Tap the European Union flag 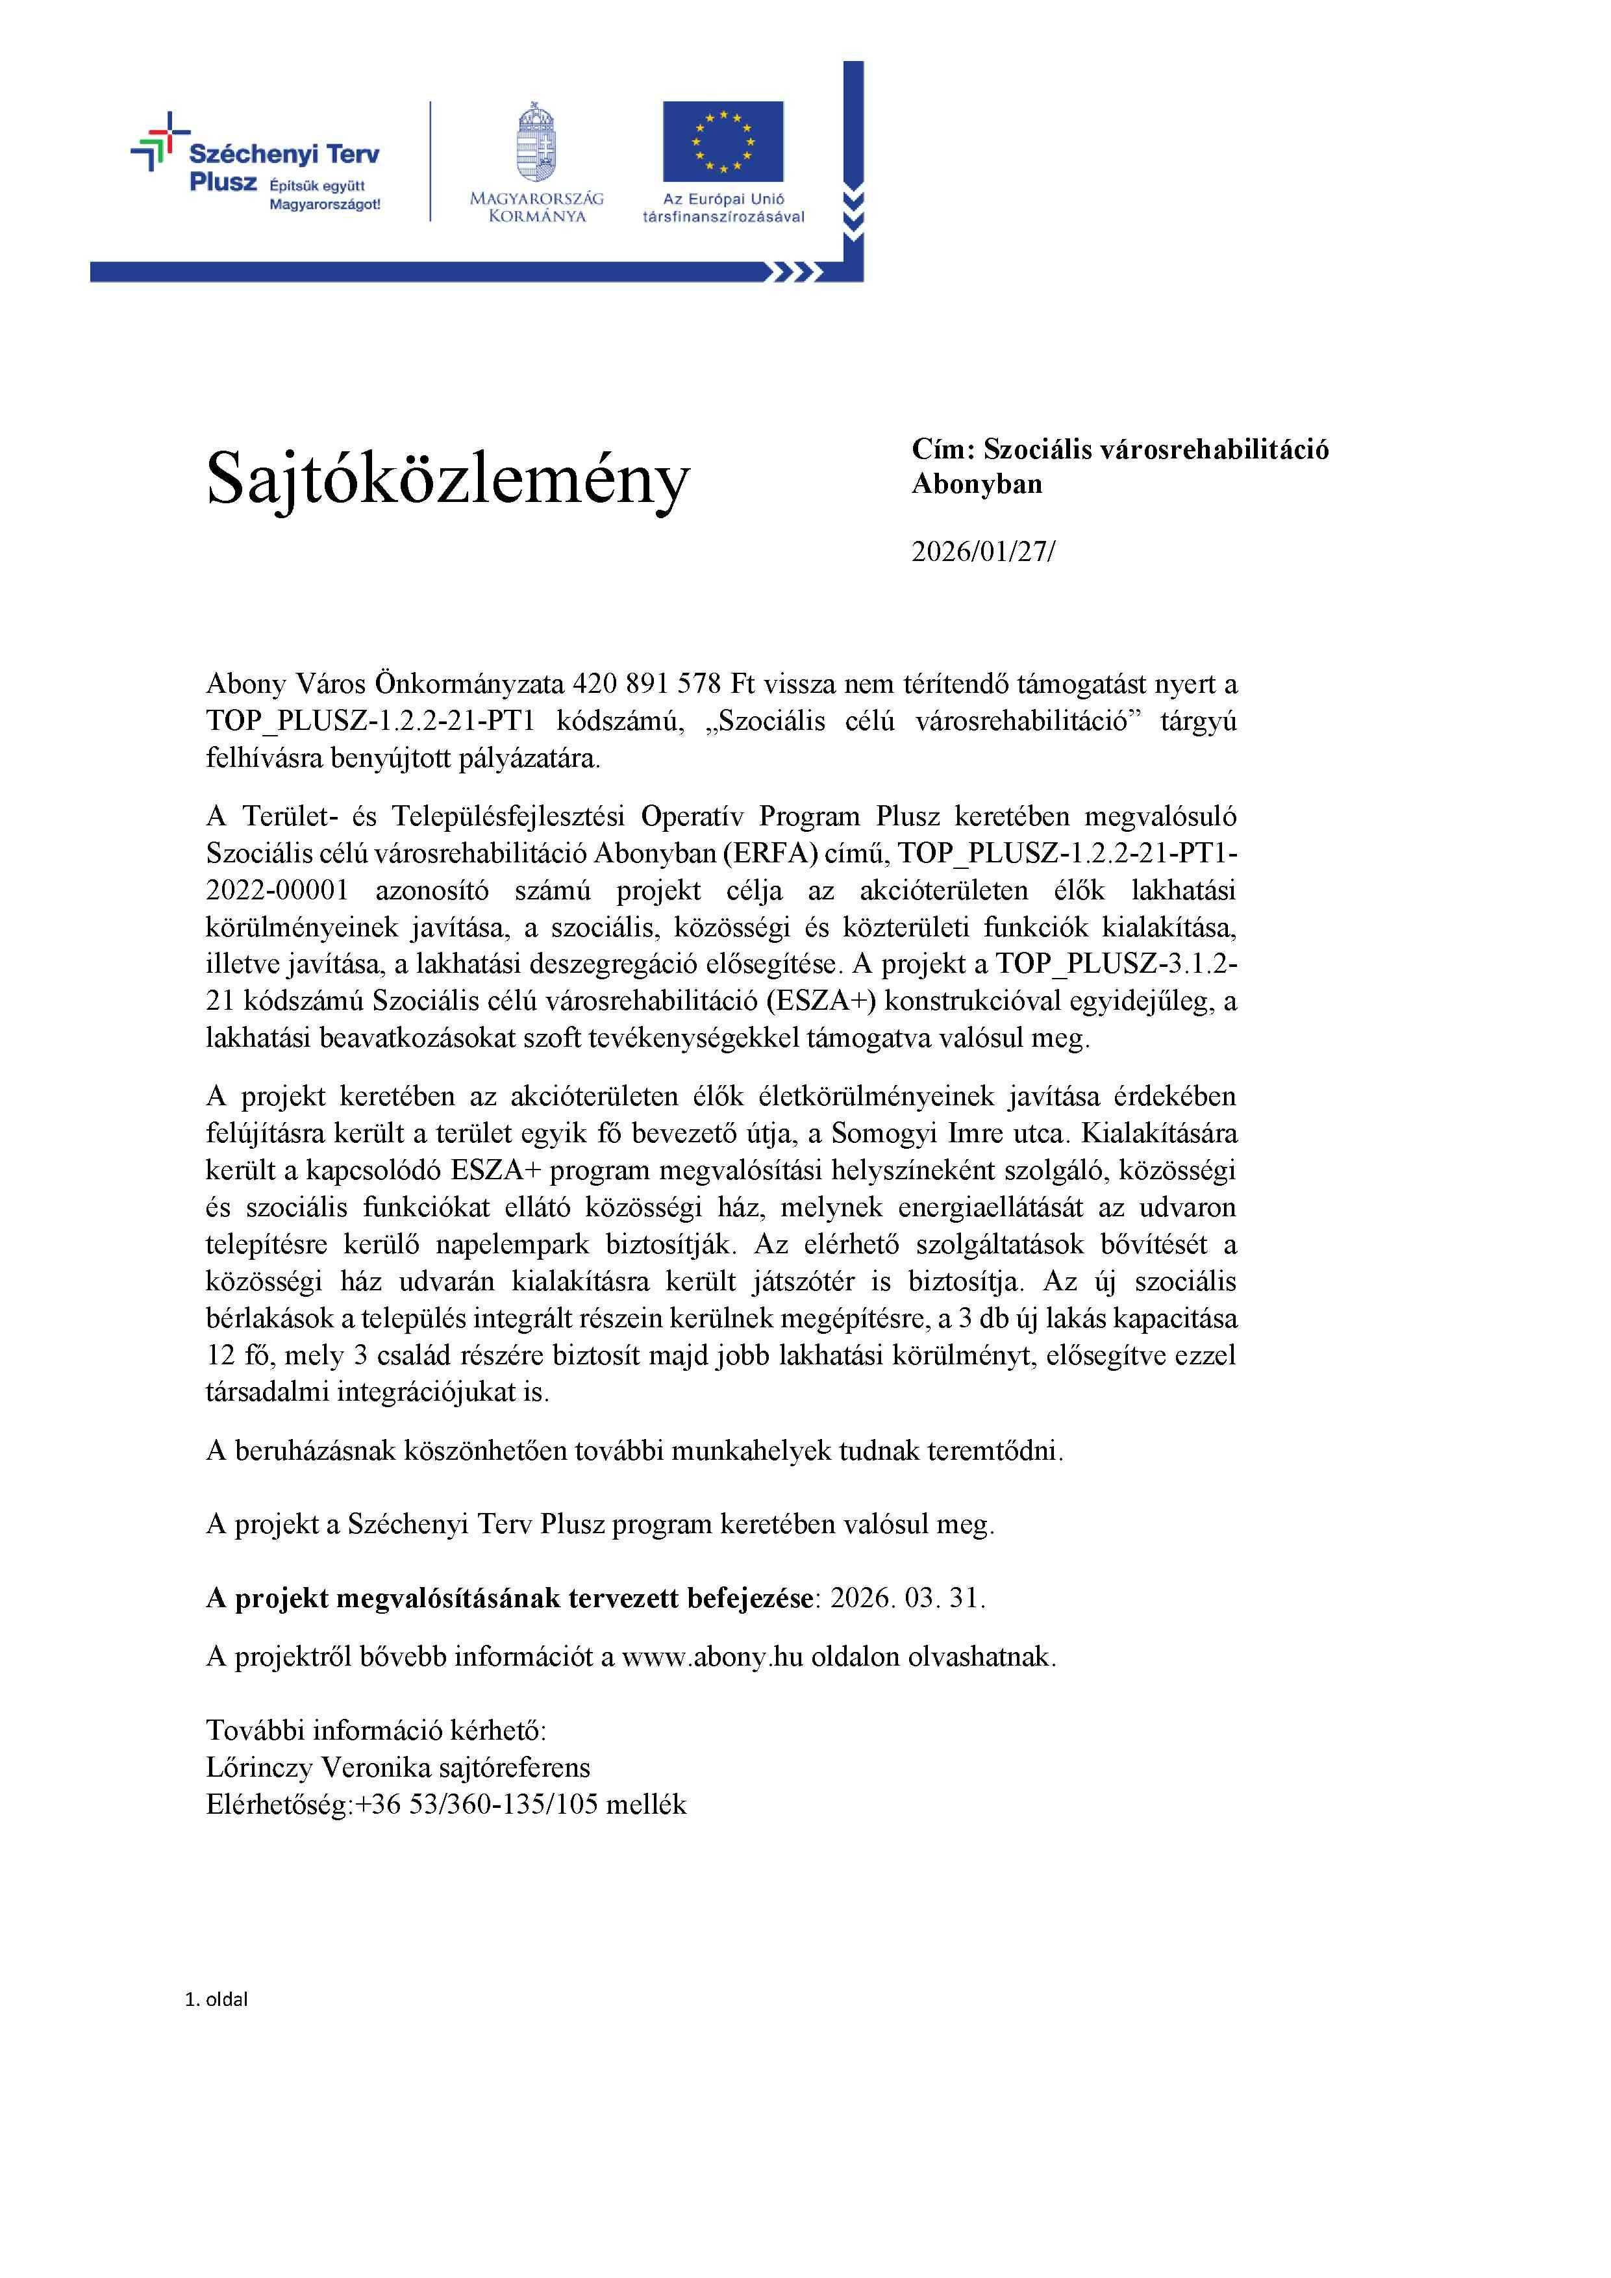click(x=723, y=141)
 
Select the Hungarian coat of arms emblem click(x=536, y=141)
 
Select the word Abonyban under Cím click(x=977, y=485)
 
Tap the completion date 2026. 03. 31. click(x=908, y=1598)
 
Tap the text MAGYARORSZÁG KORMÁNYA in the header click(x=536, y=207)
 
